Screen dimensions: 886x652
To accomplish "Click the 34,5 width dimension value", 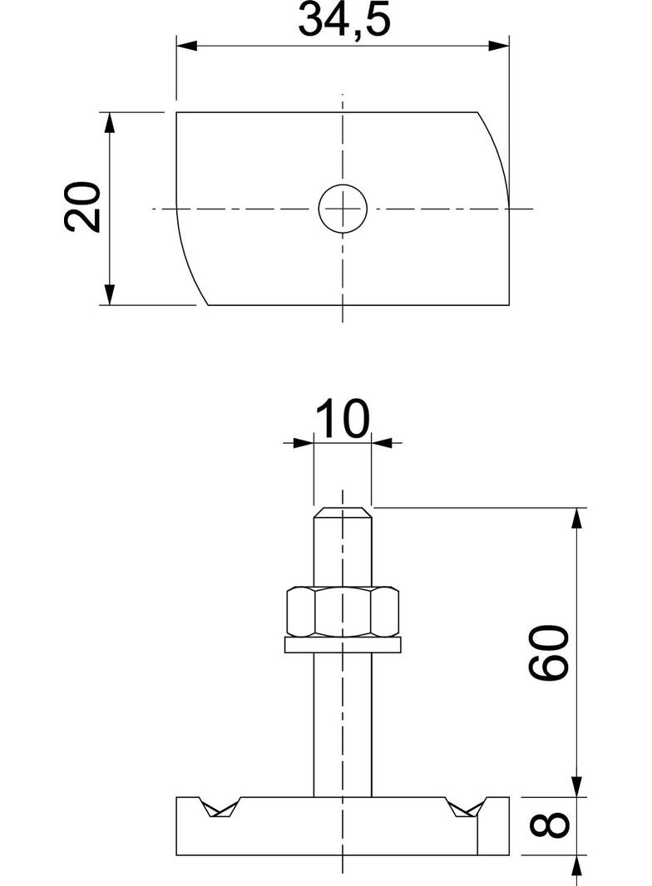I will (343, 21).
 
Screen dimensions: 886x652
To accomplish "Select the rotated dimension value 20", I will (84, 206).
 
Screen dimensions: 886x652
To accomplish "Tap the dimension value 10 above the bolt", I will (342, 420).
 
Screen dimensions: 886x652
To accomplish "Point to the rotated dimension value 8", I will (550, 825).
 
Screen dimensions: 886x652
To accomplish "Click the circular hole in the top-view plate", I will (343, 207).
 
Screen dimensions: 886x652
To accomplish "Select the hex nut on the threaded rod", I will (343, 612).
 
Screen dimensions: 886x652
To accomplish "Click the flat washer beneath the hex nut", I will (343, 644).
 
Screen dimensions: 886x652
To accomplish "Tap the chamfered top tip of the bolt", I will (343, 511).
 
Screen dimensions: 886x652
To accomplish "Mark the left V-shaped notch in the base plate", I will (219, 808).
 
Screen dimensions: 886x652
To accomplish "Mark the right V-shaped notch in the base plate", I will (466, 808).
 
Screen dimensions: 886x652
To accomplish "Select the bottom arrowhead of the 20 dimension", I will (109, 294).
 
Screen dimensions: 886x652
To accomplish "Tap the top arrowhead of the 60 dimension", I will (575, 517).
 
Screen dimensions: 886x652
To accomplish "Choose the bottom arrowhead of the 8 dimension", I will (575, 866).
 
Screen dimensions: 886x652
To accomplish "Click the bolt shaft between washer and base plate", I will (343, 723).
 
